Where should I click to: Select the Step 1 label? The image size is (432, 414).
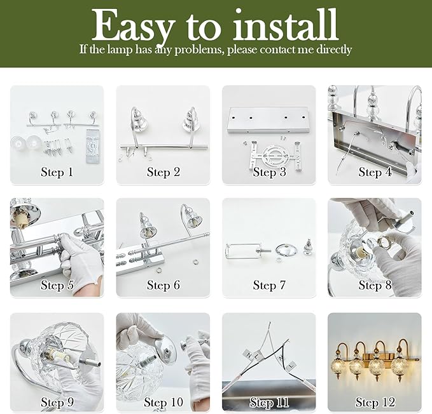(x=57, y=172)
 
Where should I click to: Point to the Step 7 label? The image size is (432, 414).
(x=269, y=285)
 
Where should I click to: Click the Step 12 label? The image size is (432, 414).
(x=375, y=402)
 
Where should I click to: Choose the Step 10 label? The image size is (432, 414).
(x=164, y=402)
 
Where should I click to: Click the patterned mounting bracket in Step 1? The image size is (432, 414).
(x=92, y=146)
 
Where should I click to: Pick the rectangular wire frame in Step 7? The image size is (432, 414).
(x=242, y=251)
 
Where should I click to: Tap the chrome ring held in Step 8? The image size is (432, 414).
(x=382, y=242)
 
